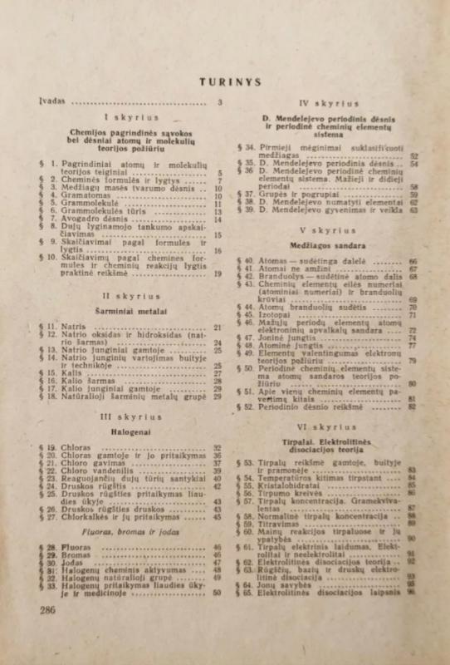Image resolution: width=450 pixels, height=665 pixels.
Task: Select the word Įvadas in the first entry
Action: tap(51, 103)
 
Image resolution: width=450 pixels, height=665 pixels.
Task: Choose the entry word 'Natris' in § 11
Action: tap(74, 328)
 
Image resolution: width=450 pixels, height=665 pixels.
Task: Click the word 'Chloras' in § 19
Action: tap(77, 448)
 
